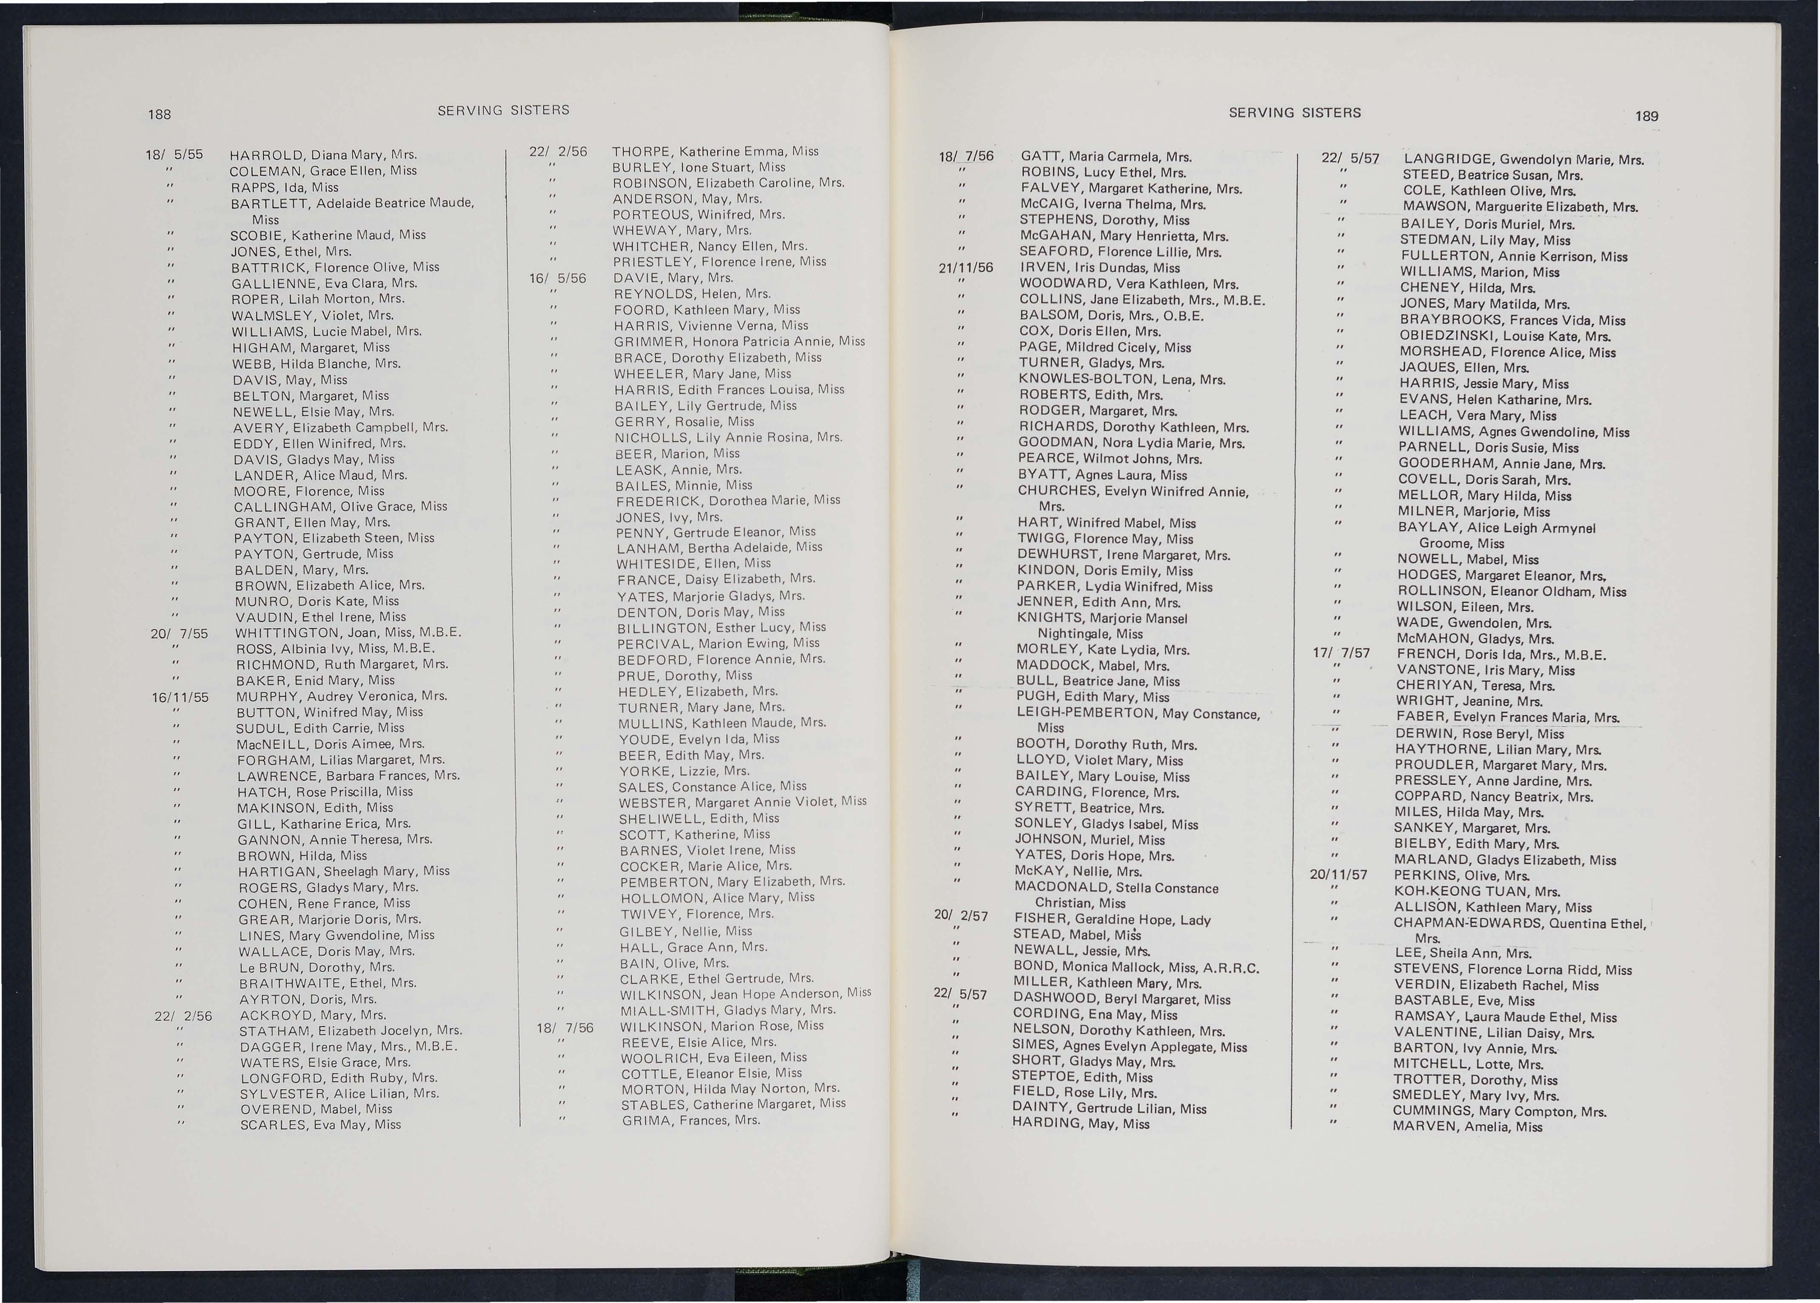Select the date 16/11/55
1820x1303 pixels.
click(x=180, y=697)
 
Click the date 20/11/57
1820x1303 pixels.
click(x=1338, y=875)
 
